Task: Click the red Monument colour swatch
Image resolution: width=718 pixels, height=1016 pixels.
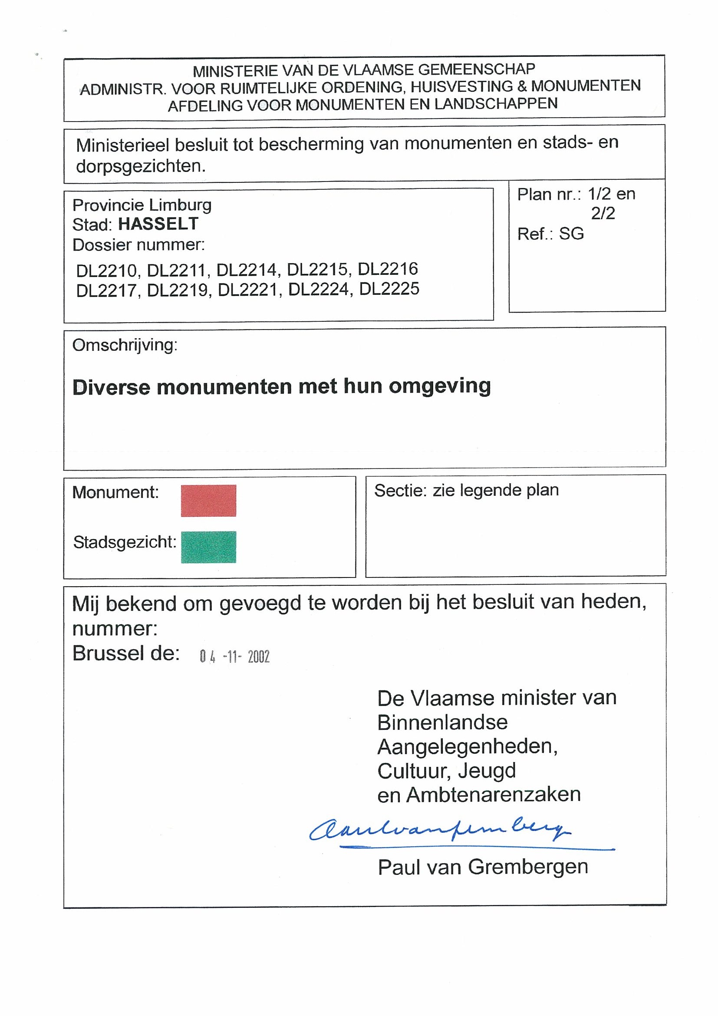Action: [208, 501]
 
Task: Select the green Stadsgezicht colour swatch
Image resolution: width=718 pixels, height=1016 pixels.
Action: [208, 547]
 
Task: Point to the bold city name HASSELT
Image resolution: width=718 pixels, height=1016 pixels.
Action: [158, 224]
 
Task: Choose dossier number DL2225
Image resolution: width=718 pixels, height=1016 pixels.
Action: [389, 289]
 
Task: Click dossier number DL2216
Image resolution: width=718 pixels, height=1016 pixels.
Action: [388, 269]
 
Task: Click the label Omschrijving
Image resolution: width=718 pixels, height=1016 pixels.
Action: [125, 345]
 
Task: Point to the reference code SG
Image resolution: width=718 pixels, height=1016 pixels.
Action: [571, 234]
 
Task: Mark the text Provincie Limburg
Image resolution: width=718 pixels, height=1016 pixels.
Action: [142, 205]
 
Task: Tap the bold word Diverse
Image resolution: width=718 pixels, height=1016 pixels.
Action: [112, 387]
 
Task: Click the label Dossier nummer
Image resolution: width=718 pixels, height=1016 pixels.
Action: [138, 245]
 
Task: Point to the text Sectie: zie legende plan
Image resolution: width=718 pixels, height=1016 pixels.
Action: [466, 490]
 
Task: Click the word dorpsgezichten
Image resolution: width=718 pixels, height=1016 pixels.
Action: [141, 166]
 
